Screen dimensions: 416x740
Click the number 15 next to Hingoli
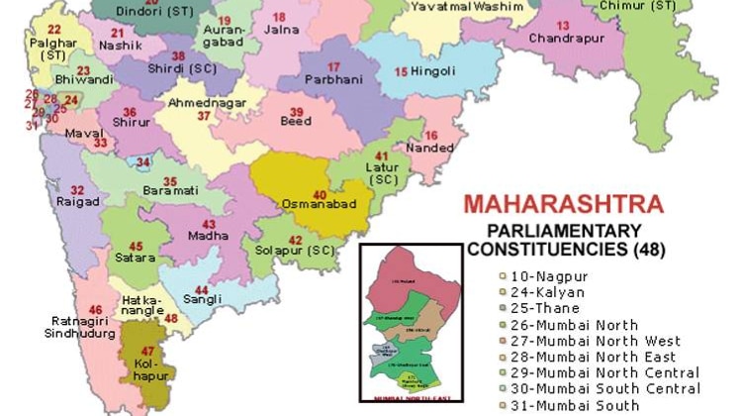click(x=401, y=71)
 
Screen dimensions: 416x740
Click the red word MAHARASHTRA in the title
click(x=563, y=205)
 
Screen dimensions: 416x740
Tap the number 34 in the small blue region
click(x=143, y=161)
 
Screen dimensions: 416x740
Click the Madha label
click(x=209, y=237)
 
